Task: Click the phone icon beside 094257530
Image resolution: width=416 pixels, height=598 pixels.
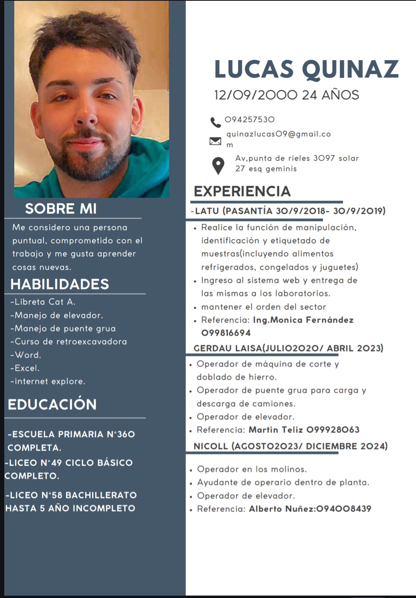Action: [x=215, y=122]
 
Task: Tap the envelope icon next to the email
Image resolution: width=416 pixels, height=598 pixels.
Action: [x=215, y=141]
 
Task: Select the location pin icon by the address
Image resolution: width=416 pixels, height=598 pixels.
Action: [x=218, y=166]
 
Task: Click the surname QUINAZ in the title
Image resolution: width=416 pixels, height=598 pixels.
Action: [x=350, y=69]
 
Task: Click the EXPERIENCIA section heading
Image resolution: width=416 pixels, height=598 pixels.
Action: [x=242, y=191]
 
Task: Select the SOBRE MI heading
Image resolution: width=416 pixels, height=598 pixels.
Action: [x=61, y=209]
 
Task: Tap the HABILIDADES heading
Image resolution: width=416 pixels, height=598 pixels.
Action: [x=60, y=284]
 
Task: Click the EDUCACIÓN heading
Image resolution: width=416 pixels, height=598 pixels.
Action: [x=52, y=404]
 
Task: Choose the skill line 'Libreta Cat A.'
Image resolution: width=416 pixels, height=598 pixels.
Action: [x=43, y=302]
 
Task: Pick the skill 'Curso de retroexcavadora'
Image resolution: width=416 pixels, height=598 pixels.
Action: [x=69, y=342]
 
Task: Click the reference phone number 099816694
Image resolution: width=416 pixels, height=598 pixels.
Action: [x=226, y=333]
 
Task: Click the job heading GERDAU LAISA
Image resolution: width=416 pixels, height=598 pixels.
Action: [x=227, y=348]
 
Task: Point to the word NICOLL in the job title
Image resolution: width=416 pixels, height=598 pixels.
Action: [x=211, y=446]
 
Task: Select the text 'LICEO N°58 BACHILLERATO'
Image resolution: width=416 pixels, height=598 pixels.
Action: [x=71, y=495]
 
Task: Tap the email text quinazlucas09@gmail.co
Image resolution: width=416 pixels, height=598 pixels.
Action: [x=278, y=134]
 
